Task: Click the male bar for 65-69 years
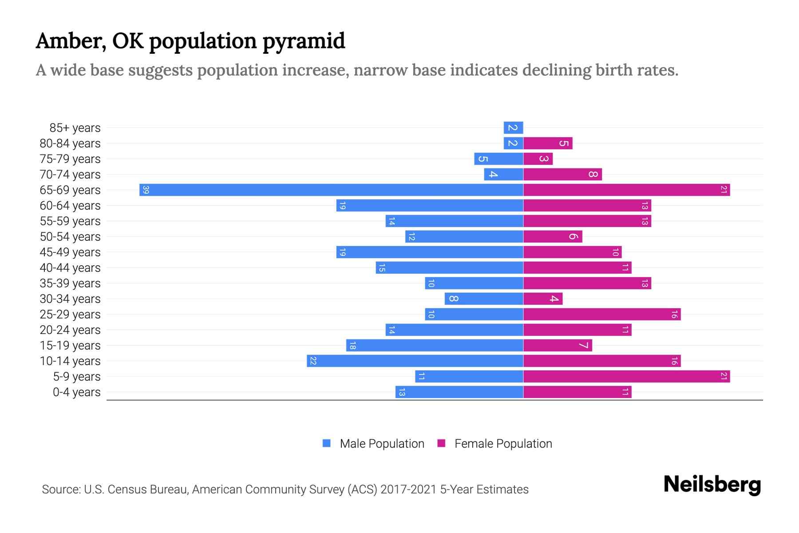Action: pos(331,190)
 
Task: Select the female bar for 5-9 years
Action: pos(626,376)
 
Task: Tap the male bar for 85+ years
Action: pos(513,127)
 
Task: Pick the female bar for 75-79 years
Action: pos(538,159)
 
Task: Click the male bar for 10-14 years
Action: pos(415,361)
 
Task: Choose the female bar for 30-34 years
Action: pos(543,298)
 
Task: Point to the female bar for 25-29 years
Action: pos(602,314)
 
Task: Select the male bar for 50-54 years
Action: pos(464,236)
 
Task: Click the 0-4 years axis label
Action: pos(76,392)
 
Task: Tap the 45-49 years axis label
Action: pos(70,252)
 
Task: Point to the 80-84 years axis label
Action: pos(70,143)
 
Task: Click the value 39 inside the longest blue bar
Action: pos(146,190)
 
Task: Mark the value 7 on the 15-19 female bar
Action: pos(583,345)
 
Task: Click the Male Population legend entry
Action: pos(382,443)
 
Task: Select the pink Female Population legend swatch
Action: pos(441,443)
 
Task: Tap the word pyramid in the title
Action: pos(304,41)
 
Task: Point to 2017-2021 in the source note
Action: pos(408,489)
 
